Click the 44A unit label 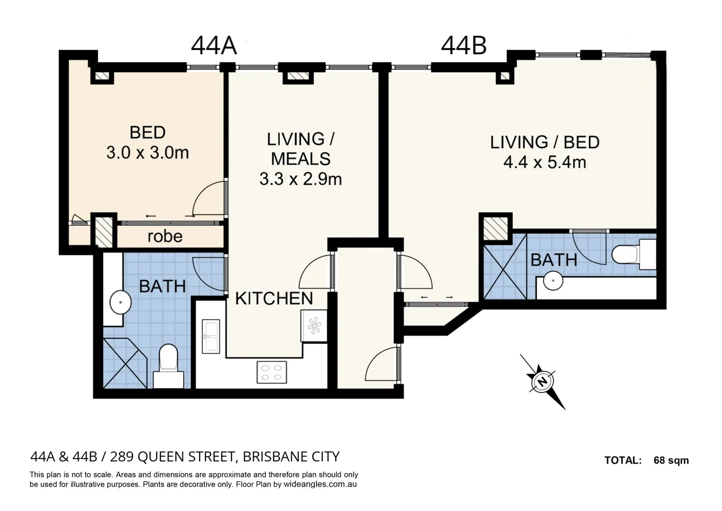click(213, 46)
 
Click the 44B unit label click(463, 46)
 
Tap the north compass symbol click(543, 381)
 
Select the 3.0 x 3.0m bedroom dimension click(147, 153)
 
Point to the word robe click(165, 236)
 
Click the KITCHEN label click(274, 299)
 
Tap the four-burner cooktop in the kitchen click(272, 372)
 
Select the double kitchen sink click(211, 336)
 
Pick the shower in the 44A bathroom click(125, 363)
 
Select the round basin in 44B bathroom click(553, 281)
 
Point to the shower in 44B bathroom click(505, 267)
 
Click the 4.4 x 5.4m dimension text click(544, 163)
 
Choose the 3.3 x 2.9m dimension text click(300, 179)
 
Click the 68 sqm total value click(671, 460)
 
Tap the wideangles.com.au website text click(320, 485)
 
